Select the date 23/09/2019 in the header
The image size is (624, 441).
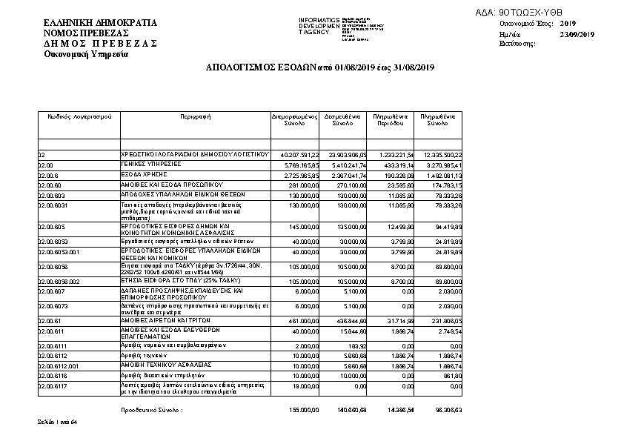click(577, 34)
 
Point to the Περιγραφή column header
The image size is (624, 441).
click(195, 116)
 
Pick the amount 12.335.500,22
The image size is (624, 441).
click(442, 154)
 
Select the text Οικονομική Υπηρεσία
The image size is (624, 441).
click(86, 54)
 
